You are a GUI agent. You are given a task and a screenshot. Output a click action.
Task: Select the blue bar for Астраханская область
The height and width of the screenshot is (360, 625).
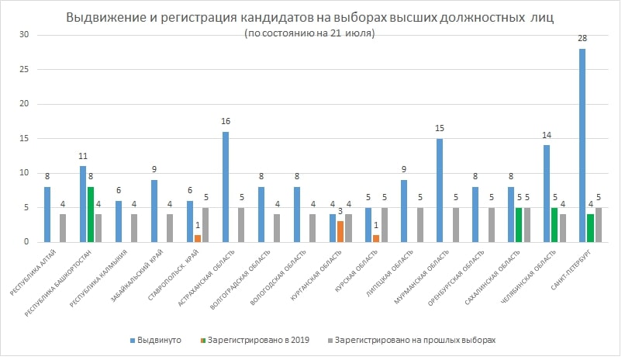tap(226, 187)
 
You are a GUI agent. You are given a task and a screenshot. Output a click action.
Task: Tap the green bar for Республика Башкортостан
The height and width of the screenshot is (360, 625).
tap(92, 214)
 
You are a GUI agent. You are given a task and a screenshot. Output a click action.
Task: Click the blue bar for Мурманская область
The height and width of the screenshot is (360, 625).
tap(440, 190)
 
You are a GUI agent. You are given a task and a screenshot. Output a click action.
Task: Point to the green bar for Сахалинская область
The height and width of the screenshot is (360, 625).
tap(519, 224)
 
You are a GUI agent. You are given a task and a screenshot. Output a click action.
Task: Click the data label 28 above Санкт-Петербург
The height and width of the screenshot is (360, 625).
tap(582, 38)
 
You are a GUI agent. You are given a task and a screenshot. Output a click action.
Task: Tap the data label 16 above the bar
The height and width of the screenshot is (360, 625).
tap(226, 121)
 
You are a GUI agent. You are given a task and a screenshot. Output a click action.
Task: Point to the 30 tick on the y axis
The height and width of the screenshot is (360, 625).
tap(24, 35)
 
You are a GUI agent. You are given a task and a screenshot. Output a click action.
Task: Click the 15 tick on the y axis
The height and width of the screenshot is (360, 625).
tap(24, 138)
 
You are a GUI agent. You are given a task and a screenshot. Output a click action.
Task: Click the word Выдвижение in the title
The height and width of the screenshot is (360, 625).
tap(102, 18)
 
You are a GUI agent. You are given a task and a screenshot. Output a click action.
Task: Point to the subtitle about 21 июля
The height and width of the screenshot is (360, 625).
tap(309, 33)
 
